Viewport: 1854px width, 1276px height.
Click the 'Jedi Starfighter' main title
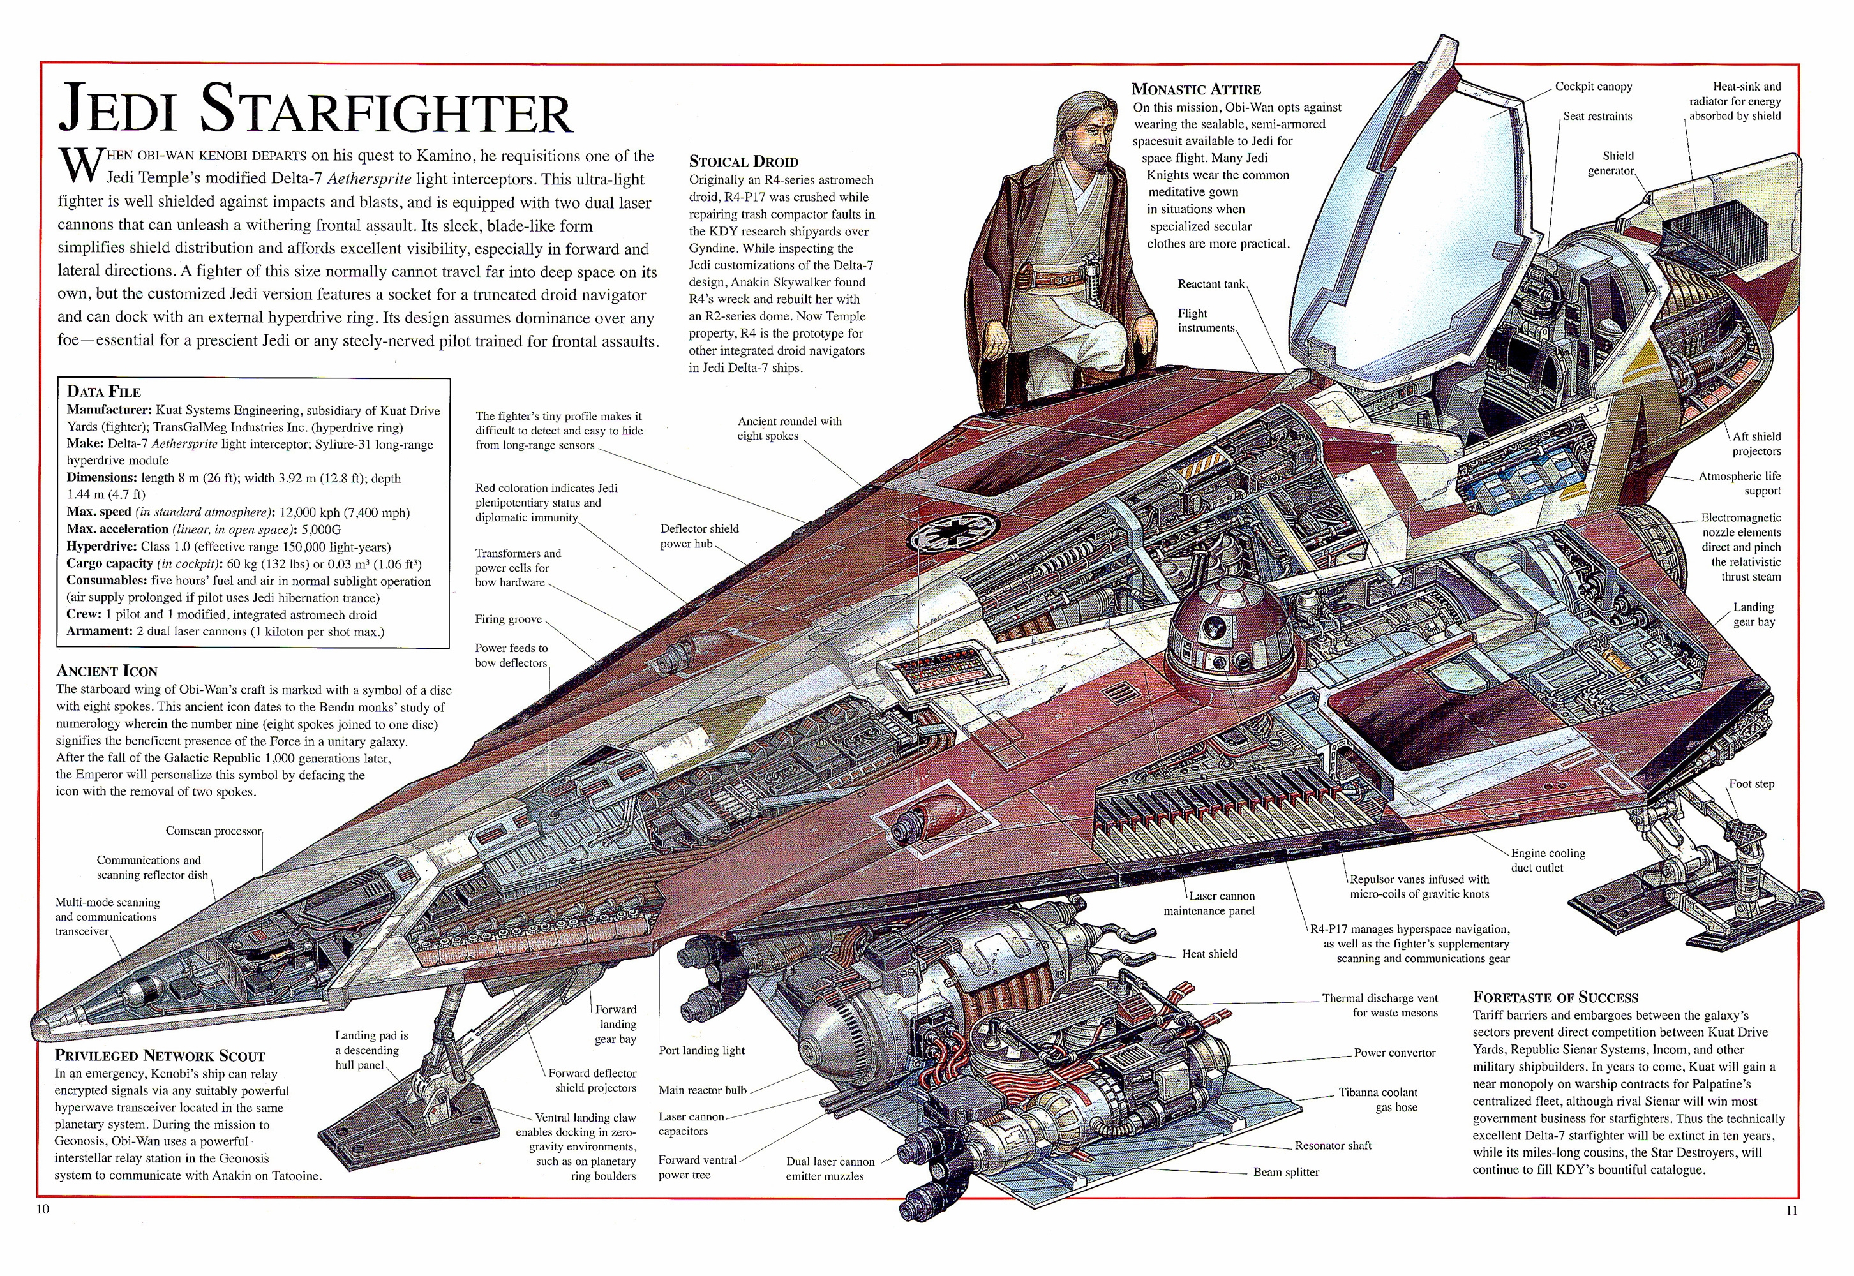[x=316, y=110]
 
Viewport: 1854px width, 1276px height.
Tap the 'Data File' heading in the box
[x=104, y=391]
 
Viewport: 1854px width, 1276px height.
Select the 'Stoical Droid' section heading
[x=744, y=161]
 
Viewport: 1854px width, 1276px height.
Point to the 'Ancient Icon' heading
[x=107, y=671]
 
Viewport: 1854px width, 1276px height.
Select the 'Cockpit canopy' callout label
[x=1593, y=86]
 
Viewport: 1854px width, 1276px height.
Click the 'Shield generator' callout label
[x=1617, y=163]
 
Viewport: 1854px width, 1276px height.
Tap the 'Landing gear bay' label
[x=1753, y=614]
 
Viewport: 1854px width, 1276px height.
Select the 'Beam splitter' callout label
[x=1286, y=1172]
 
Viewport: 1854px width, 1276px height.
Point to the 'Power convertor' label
[x=1394, y=1052]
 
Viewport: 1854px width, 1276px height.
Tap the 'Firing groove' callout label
[x=509, y=619]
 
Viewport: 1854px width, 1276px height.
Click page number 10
[x=42, y=1209]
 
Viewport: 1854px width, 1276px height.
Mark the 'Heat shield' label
[x=1209, y=953]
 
